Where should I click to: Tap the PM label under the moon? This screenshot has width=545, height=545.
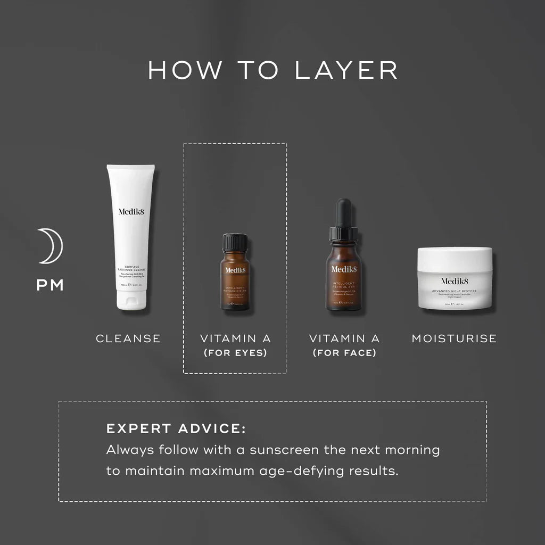point(50,285)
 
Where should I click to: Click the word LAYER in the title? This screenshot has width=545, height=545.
point(346,71)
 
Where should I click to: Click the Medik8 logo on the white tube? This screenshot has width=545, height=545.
point(130,211)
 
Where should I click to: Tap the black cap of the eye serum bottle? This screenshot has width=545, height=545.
point(234,242)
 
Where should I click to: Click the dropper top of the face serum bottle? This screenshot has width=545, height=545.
point(344,218)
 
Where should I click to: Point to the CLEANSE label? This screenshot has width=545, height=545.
point(128,338)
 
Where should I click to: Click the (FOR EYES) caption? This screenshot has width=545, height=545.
point(235,352)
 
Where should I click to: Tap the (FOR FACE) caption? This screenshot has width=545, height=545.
point(344,352)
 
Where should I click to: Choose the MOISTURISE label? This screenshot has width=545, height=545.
point(454,338)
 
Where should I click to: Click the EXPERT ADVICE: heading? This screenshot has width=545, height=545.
point(176,429)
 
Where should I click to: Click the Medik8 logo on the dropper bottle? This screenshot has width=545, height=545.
point(344,268)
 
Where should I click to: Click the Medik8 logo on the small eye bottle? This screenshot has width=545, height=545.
point(235,270)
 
